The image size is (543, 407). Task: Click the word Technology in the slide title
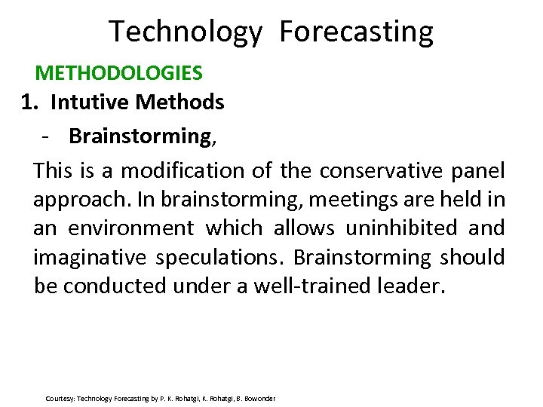coord(185,32)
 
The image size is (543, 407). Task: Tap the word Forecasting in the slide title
coord(356,32)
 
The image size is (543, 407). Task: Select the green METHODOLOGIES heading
coord(118,73)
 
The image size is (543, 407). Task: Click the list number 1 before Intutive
coord(29,102)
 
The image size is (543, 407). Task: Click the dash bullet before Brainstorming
coord(47,136)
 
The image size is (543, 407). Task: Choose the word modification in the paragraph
coord(183,171)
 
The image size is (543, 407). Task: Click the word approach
coord(70,200)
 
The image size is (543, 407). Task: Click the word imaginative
coord(90,258)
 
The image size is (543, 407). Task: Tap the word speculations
coord(219,258)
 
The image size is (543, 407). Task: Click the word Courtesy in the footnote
coord(60,398)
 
